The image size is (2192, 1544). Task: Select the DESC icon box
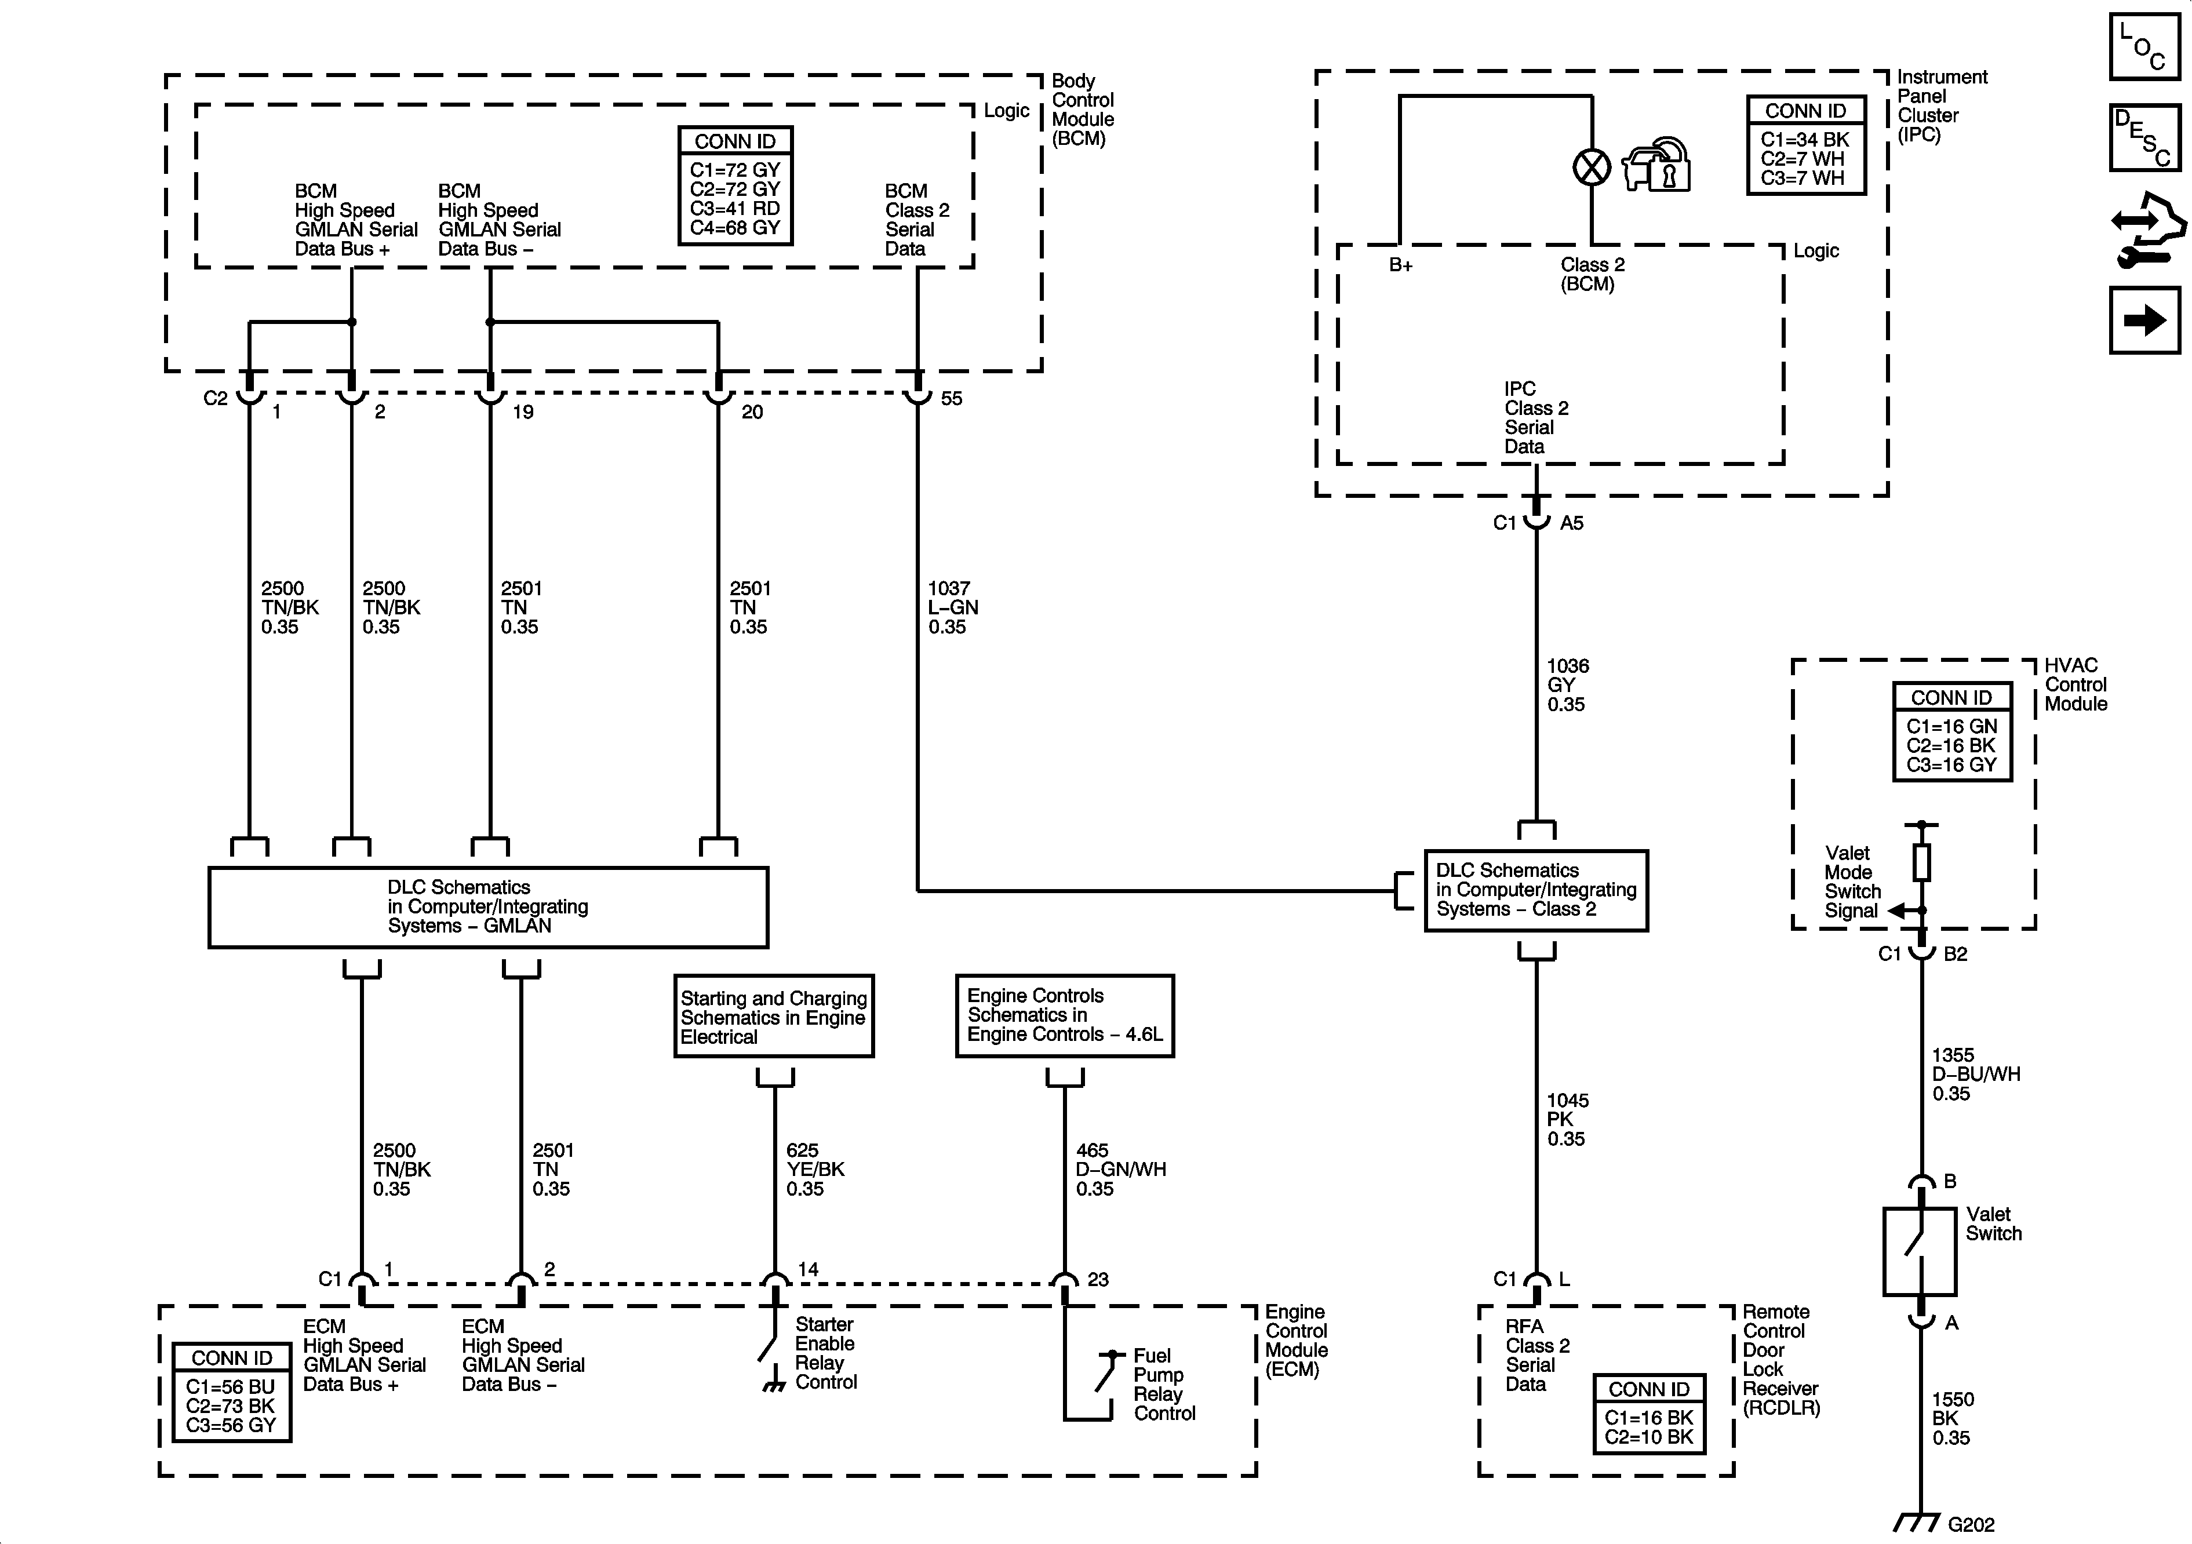coord(2144,137)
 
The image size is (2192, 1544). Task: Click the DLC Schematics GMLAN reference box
coord(488,907)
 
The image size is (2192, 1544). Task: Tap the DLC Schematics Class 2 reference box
coord(1536,890)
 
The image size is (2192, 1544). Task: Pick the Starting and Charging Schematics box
coord(773,1016)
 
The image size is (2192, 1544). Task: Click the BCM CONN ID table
coord(735,186)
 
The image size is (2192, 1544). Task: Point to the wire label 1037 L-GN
coord(953,607)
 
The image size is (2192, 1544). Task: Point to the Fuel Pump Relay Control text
coord(1164,1385)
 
